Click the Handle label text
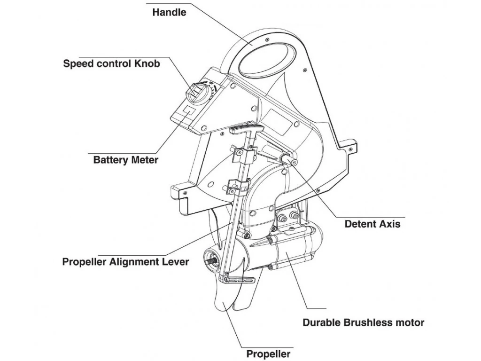pos(169,13)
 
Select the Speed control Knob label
pos(111,63)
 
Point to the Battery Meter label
pos(125,160)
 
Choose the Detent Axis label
pos(372,224)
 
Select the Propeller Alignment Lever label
pos(125,262)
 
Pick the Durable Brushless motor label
pos(363,322)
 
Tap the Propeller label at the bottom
pos(268,354)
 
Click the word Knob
pos(146,63)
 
